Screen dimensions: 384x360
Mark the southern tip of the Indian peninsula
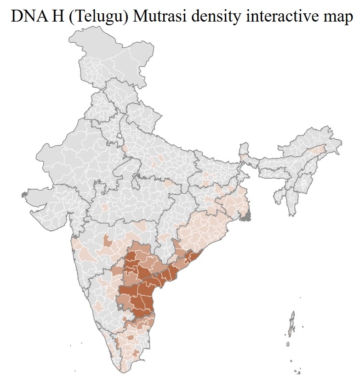pos(123,370)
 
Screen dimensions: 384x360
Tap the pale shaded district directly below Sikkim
pos(242,158)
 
